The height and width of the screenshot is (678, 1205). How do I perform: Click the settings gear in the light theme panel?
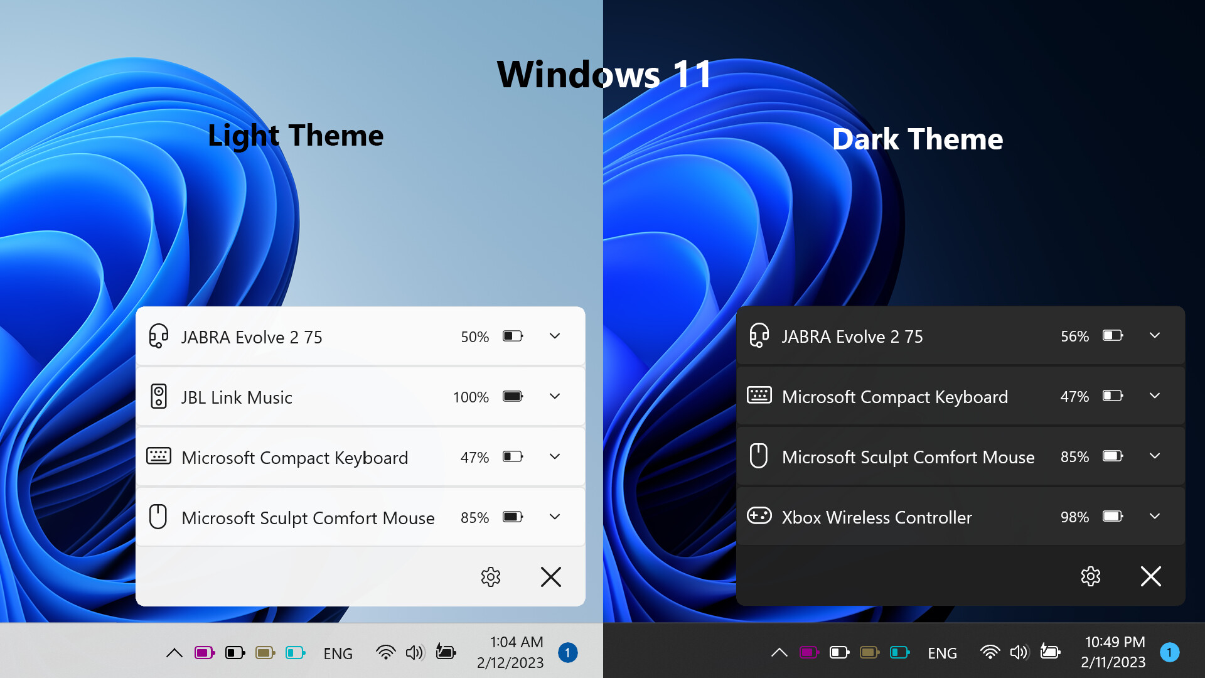pos(490,576)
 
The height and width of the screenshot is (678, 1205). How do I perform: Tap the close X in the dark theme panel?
pos(1150,576)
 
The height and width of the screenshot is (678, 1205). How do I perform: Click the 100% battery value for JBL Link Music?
pos(471,397)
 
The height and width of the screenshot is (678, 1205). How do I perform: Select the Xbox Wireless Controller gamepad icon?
pos(759,516)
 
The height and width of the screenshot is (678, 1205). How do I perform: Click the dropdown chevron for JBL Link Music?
pos(555,396)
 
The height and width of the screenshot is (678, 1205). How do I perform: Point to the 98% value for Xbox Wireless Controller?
pos(1074,517)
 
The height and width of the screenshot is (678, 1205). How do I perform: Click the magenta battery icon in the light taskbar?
pos(205,653)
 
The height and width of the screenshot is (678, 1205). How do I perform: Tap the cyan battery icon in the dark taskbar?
pos(899,652)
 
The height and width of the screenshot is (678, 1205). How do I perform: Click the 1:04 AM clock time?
pos(517,642)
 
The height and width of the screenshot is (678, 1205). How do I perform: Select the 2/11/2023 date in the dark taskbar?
pos(1113,662)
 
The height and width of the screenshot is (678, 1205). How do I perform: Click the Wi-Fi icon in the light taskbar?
pos(385,653)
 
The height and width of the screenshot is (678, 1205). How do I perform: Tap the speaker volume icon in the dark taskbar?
pos(1019,652)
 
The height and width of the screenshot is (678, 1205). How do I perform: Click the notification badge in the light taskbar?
pos(567,653)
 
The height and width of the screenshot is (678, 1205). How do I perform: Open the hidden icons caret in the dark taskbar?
pos(779,653)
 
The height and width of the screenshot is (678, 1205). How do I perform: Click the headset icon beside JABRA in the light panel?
pos(158,336)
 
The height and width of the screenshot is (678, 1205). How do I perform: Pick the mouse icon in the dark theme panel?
pos(759,456)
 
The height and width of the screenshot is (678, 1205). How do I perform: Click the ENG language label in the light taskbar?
pos(338,654)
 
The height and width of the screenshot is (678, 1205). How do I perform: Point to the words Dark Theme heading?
pos(917,139)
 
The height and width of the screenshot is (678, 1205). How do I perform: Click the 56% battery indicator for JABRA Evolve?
pos(1074,336)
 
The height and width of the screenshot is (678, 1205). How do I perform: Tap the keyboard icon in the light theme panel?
pos(158,456)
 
